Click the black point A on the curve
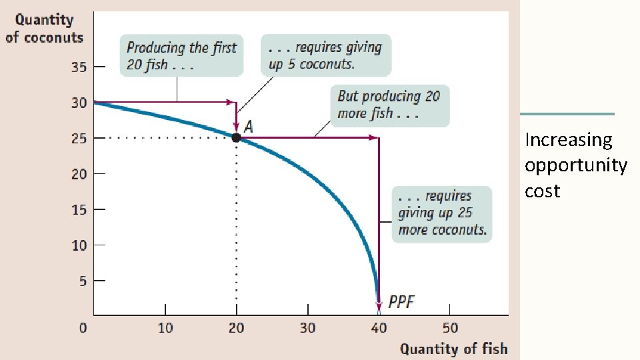tap(236, 138)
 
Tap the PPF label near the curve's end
tap(401, 302)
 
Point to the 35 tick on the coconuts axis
tap(79, 67)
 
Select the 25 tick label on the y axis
tap(79, 138)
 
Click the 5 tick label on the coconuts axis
tap(83, 281)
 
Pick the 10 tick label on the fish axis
tap(165, 327)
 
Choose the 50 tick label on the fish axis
tap(450, 327)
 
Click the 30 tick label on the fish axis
tap(307, 327)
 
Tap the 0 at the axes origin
tap(83, 327)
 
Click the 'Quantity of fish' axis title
tap(453, 349)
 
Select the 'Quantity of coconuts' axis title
tap(45, 28)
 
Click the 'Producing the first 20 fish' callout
tap(181, 56)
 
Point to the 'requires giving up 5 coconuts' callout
tap(325, 55)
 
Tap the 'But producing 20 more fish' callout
tap(389, 105)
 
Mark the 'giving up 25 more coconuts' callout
tap(442, 213)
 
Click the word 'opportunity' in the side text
tap(575, 165)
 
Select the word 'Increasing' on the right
tap(568, 140)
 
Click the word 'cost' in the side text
tap(542, 191)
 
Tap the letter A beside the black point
tap(249, 126)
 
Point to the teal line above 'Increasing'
tap(567, 114)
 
